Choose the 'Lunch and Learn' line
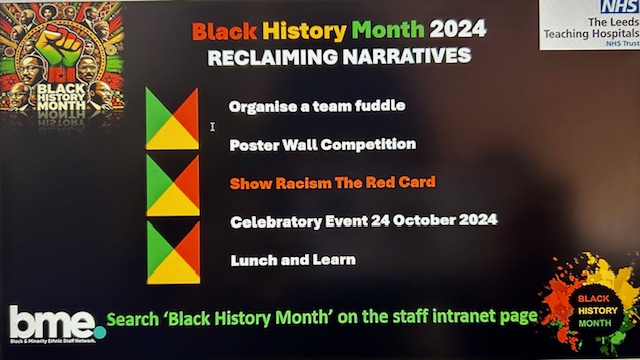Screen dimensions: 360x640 [x=292, y=260]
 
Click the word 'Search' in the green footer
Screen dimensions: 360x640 [x=137, y=320]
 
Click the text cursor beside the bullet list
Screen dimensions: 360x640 [x=212, y=127]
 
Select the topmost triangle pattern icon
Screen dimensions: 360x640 [x=172, y=118]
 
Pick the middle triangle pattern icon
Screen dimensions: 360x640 [x=172, y=186]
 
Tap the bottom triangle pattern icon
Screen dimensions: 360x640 [x=172, y=252]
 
